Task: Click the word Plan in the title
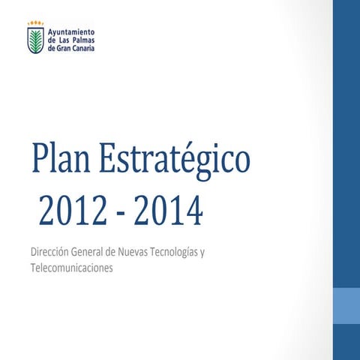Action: tap(62, 163)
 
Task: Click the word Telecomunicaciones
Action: tap(71, 268)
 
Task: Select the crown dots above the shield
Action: tap(35, 23)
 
